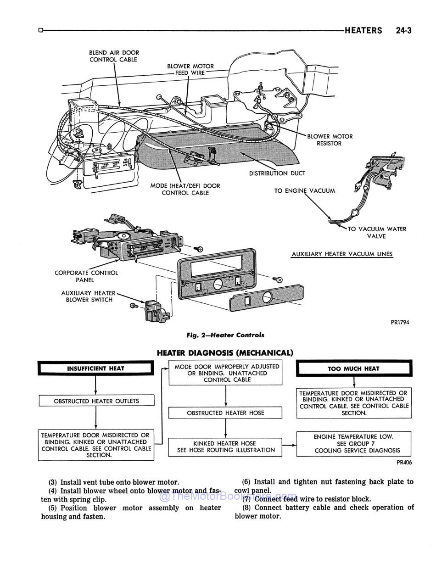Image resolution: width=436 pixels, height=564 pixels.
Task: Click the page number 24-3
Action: (403, 31)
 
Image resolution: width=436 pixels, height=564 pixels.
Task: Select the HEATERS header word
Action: (363, 31)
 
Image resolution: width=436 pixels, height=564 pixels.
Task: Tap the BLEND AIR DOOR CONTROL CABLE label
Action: (114, 56)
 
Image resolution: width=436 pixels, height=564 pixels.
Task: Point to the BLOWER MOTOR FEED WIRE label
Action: (190, 69)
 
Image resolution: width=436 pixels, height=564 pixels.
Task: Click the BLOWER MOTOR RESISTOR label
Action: (330, 140)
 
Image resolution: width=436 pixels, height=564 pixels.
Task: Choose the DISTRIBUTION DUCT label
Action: (277, 173)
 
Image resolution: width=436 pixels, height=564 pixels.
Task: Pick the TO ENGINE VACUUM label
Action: (304, 190)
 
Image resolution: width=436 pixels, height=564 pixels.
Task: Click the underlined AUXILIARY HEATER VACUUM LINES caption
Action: (342, 254)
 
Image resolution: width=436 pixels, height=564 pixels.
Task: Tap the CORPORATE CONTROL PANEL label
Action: (86, 276)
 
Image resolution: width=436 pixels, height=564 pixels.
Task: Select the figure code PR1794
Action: (400, 322)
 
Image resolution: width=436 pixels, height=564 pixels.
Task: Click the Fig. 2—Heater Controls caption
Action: (225, 335)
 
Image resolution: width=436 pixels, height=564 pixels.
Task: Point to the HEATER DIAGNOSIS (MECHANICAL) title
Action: (224, 353)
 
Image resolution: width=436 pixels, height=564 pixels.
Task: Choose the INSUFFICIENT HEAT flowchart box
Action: (95, 369)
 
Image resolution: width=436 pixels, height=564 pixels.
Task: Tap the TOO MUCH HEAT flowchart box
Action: (353, 369)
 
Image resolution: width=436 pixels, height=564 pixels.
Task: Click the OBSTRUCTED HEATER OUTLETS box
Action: (96, 401)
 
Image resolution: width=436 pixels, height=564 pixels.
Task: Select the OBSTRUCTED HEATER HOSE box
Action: (225, 413)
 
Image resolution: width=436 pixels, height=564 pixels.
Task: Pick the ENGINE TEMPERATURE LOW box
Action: (353, 443)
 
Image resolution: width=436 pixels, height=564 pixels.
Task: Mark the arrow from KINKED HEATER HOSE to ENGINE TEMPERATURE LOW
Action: (289, 445)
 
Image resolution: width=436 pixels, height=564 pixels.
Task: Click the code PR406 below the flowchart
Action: (404, 463)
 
